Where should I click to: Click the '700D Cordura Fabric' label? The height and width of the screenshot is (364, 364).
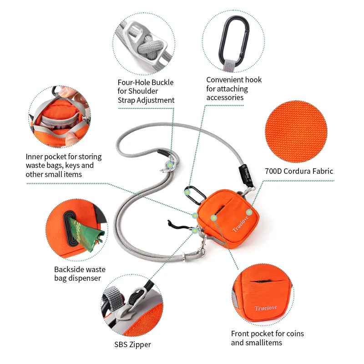[298, 172]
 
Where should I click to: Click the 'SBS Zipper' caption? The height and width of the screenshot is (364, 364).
[132, 344]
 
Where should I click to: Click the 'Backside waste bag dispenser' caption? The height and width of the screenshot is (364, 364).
[77, 273]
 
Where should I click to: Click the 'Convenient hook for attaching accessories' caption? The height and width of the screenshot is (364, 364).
[234, 88]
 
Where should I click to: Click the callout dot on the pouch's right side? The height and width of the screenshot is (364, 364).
[249, 212]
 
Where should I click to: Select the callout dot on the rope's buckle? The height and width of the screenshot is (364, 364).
[170, 165]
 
